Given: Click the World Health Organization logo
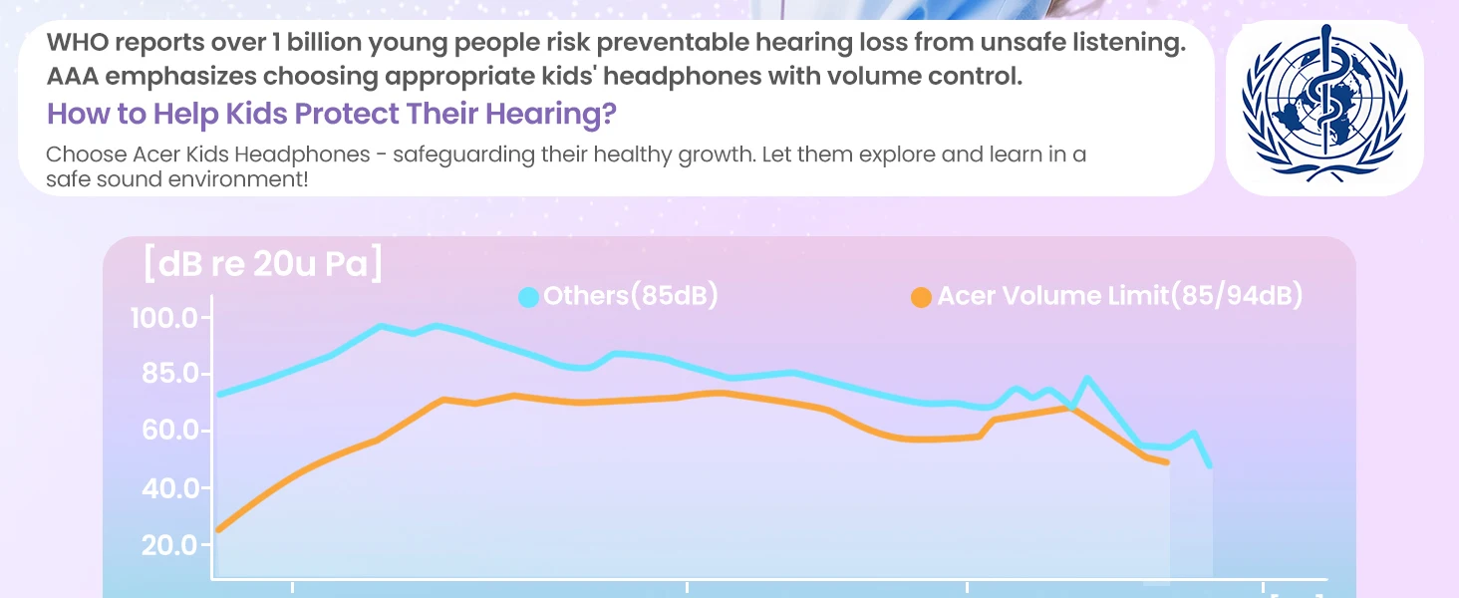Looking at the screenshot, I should click(1323, 109).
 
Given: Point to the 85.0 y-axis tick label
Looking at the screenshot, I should click(165, 375).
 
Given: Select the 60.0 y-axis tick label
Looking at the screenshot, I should click(165, 432).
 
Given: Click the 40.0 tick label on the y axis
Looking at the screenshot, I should click(165, 488).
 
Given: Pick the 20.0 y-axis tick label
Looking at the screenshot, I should click(165, 545).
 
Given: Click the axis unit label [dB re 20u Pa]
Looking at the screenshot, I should click(263, 266).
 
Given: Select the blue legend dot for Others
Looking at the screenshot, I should click(529, 297).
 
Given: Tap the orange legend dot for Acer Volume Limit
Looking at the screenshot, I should click(922, 297).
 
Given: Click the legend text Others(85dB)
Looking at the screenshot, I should click(630, 296).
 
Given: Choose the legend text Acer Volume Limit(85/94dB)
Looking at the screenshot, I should click(1119, 296).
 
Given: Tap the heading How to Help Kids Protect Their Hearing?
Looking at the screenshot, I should click(331, 114).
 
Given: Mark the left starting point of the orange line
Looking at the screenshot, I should click(218, 529).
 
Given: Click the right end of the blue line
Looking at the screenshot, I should click(1210, 465).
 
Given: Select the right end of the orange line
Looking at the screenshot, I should click(1167, 462).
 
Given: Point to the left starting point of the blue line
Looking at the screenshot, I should click(219, 395).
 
